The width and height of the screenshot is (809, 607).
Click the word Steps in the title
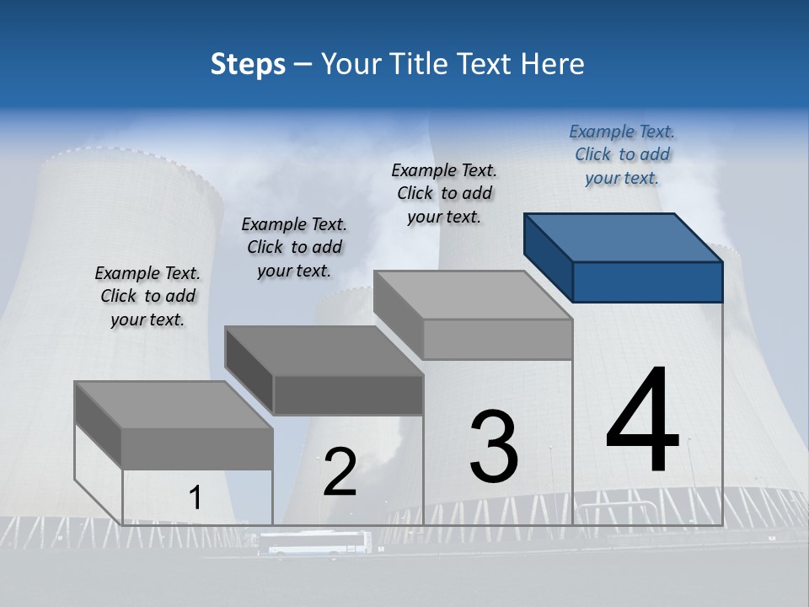point(248,64)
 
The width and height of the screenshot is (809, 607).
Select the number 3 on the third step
point(494,447)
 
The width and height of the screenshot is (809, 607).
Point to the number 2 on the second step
point(340,472)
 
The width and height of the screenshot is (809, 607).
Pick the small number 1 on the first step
point(195,498)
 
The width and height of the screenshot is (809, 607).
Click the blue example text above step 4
point(622,155)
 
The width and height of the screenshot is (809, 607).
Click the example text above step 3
point(444,193)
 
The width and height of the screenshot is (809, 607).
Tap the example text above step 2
point(294,247)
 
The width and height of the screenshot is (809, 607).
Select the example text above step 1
point(147,296)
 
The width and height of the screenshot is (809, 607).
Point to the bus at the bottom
point(313,544)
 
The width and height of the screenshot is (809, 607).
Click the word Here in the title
point(552,64)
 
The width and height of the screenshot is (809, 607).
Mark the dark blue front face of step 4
point(647,282)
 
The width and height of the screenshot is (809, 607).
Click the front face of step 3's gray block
point(497,340)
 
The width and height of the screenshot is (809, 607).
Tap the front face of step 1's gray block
point(197,449)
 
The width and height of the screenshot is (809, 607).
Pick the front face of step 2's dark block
point(348,395)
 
